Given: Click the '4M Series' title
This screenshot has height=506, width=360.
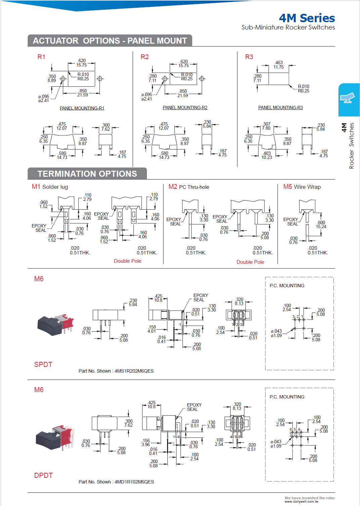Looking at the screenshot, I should point(307,18).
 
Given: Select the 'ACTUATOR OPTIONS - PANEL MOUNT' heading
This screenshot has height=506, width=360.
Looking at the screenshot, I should point(110,41).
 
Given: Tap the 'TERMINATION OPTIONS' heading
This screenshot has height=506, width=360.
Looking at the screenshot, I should point(87,174).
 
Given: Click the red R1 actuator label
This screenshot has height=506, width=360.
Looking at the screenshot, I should point(41,57).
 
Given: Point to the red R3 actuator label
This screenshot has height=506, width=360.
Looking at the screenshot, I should point(249,57).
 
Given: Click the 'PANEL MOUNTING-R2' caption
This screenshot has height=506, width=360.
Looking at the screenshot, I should point(185,108).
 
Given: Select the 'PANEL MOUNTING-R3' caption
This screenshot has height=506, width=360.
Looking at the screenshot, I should point(280,108).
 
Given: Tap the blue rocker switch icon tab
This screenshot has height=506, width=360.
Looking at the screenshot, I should point(349,99).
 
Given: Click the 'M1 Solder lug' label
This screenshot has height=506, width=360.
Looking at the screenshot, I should point(50,187).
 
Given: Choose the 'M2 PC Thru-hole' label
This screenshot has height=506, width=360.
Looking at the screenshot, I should point(189,187).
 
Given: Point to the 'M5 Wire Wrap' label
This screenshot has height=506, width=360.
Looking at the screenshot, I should point(302,187).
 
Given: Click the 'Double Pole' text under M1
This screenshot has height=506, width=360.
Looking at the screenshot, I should point(127,261).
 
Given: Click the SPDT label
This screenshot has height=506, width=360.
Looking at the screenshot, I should point(43,365).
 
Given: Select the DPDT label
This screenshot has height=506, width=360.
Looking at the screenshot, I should point(43,475).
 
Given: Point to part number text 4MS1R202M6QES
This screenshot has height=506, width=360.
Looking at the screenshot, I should point(134,371).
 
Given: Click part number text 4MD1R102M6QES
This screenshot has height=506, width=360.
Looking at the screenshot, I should point(134,482).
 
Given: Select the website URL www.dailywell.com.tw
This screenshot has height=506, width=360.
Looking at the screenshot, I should point(301,502).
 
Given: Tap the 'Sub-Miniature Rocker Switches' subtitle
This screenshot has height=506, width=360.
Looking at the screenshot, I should point(288,28).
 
